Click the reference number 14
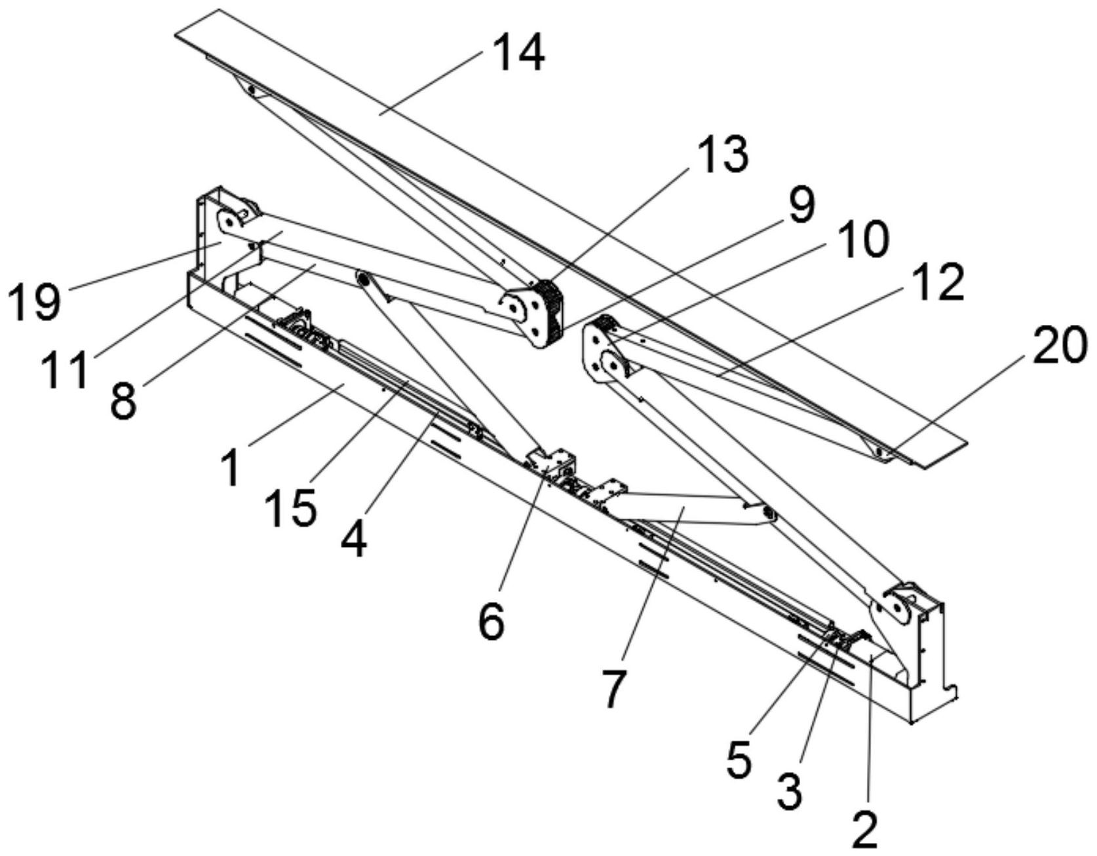[519, 53]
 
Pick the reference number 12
[939, 283]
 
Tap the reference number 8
[123, 400]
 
